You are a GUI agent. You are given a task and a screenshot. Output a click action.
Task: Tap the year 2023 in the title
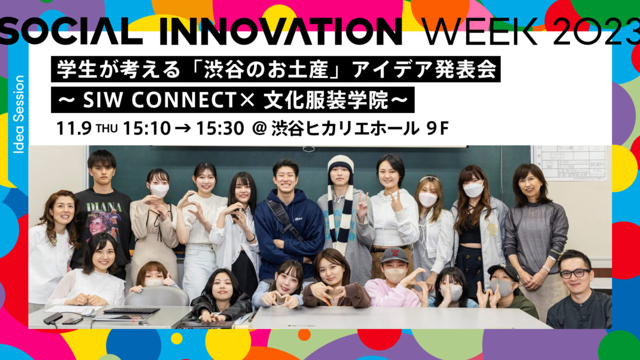coord(597,31)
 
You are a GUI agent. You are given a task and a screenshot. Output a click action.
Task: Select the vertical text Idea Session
coord(19,114)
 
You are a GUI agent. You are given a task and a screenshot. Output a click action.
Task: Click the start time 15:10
coord(147,129)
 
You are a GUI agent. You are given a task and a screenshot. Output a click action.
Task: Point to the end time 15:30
coord(220,129)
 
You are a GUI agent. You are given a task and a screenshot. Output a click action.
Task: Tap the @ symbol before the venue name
coord(259,129)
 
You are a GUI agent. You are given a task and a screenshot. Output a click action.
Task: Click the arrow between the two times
coord(183,129)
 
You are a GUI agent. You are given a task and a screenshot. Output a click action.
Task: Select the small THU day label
coord(107,129)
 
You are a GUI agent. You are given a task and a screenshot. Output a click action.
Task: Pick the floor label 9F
coord(437,129)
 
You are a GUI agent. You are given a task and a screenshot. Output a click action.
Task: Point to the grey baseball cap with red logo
coord(395,255)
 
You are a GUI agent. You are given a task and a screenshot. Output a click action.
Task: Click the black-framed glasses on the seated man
coord(574,274)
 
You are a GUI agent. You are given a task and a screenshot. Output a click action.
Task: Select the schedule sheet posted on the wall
coord(569,163)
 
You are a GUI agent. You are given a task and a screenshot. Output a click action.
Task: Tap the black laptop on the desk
coord(131,310)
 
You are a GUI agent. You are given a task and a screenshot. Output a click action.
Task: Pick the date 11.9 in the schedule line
coord(74,129)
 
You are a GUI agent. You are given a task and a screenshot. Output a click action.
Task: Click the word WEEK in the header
coord(482,31)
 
